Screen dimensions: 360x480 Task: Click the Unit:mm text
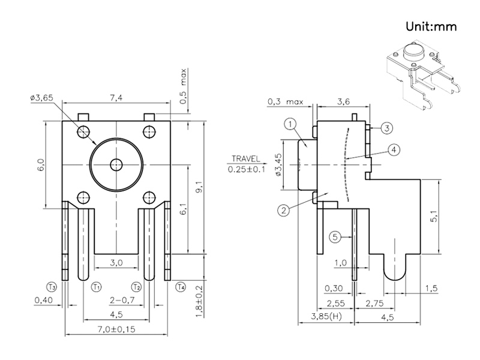pos(431,26)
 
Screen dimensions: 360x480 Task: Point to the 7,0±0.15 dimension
pos(117,330)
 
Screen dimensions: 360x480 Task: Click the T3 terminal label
pos(52,287)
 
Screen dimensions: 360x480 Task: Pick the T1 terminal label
pos(96,287)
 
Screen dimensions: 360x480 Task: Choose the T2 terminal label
pos(137,287)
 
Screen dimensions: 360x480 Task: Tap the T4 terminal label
pos(181,287)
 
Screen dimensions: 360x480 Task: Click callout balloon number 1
pos(289,124)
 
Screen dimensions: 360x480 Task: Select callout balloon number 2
pos(283,210)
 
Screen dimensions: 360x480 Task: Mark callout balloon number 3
pos(387,128)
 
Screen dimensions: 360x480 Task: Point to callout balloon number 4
pos(392,150)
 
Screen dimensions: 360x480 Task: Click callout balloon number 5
pos(337,237)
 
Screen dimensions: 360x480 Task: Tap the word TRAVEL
pos(243,160)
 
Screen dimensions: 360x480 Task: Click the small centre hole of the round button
pos(116,164)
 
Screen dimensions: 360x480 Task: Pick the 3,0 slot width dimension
pos(116,263)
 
